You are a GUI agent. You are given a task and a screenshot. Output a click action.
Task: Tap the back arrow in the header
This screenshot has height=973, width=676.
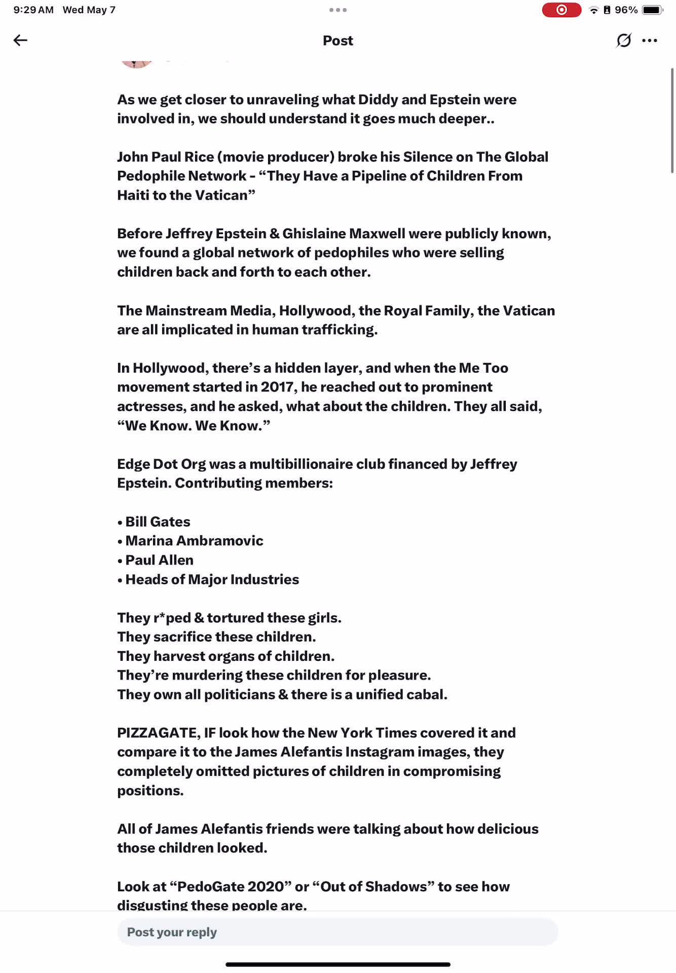click(x=20, y=41)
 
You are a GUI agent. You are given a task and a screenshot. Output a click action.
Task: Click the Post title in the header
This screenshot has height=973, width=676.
click(x=338, y=41)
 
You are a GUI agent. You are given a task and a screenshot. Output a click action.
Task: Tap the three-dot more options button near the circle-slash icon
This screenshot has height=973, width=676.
click(x=649, y=41)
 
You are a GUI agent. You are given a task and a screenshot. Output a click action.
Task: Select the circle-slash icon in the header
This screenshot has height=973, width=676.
click(x=623, y=41)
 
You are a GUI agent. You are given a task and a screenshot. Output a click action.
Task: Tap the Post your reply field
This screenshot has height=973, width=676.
click(x=337, y=932)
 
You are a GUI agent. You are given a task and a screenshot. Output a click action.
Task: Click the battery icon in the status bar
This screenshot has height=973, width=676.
click(x=652, y=10)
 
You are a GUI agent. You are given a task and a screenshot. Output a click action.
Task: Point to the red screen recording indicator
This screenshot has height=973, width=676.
click(x=561, y=10)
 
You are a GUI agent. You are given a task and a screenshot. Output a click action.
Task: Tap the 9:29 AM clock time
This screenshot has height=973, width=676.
click(x=33, y=10)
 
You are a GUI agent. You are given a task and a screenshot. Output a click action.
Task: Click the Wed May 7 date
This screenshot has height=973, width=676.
click(x=89, y=10)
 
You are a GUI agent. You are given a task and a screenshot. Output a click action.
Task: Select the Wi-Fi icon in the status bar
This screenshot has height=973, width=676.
click(x=594, y=10)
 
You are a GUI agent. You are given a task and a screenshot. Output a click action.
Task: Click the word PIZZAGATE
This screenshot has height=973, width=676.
click(x=158, y=733)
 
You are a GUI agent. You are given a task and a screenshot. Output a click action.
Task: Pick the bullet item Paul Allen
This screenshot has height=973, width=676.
click(x=159, y=560)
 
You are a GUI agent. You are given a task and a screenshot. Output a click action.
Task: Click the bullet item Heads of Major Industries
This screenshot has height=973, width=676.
click(x=212, y=579)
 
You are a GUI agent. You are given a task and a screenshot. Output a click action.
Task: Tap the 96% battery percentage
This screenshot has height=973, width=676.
click(x=626, y=10)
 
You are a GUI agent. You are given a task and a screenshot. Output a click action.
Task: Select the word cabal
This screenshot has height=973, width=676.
click(x=427, y=694)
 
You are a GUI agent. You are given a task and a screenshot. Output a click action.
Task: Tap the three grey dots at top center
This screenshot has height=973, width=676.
click(x=338, y=10)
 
